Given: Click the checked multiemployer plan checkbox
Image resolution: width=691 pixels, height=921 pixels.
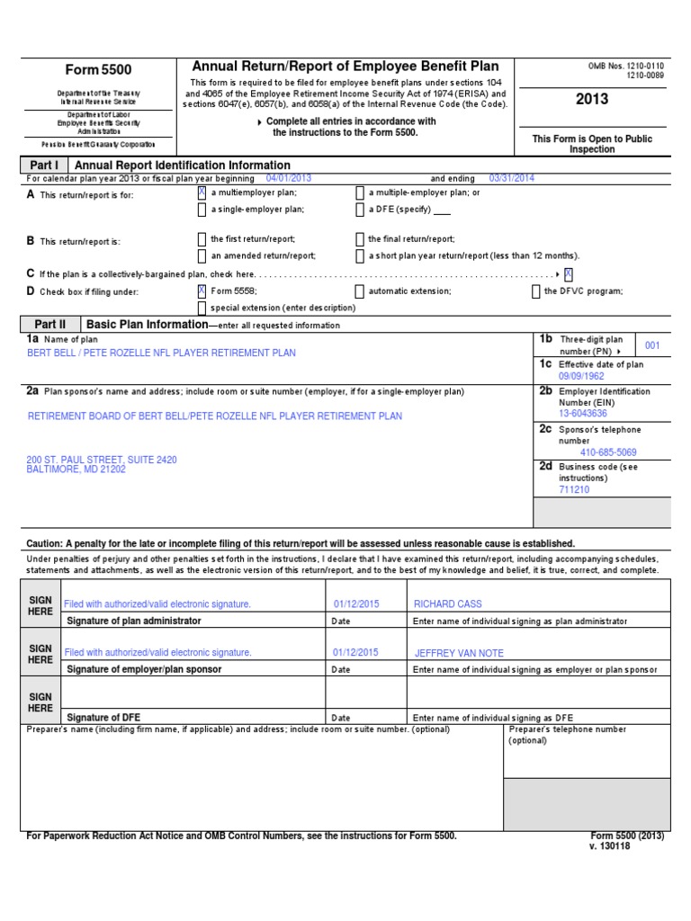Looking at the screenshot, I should (x=202, y=192).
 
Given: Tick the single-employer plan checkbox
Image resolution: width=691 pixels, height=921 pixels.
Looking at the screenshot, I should (x=202, y=210).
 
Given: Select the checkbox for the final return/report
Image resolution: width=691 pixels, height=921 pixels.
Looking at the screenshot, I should (x=360, y=239).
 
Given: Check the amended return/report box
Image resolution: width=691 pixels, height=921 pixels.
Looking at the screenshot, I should (x=202, y=256).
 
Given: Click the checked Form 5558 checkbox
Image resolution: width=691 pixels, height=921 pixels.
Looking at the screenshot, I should (x=202, y=291).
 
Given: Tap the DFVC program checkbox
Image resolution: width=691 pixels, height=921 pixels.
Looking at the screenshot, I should (x=536, y=291).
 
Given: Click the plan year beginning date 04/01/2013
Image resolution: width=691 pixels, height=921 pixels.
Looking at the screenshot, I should (x=283, y=178).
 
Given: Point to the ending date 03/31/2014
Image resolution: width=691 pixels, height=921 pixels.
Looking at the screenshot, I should (x=511, y=178).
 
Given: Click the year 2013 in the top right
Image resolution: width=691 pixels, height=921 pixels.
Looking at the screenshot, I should (x=592, y=99).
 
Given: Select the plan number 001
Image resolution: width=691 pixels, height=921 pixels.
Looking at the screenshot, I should (x=652, y=345).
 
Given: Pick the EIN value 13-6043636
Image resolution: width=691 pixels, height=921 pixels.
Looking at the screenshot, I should (x=583, y=414).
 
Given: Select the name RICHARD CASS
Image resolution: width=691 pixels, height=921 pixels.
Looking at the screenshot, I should (x=447, y=604).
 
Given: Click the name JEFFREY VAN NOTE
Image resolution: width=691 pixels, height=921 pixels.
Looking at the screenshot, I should (x=459, y=653).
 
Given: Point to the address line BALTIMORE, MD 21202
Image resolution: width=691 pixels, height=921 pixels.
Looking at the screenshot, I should (x=76, y=469).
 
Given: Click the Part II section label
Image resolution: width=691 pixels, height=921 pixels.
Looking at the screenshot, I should (x=50, y=324).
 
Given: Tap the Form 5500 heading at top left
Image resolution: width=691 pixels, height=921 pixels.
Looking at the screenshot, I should (x=99, y=70).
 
